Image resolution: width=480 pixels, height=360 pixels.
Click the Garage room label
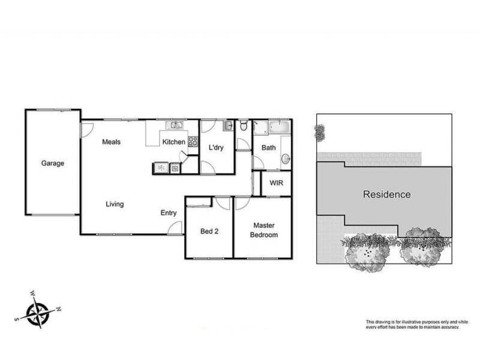53,163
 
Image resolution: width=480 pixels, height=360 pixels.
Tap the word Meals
111,142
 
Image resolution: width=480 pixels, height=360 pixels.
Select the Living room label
115,204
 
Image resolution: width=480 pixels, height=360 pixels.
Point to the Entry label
169,213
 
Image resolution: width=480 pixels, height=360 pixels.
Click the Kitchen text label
174,142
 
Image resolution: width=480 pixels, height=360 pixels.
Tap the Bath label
268,148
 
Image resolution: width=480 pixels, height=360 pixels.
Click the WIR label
276,183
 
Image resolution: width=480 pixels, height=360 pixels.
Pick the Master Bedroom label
265,230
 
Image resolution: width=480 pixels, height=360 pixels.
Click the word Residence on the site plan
386,194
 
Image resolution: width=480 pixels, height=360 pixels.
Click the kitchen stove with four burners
193,142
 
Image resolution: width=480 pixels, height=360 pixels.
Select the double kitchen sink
175,125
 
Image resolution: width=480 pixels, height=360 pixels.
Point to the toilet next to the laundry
243,126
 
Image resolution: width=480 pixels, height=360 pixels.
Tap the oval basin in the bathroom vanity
286,159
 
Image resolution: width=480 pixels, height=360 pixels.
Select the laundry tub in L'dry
228,126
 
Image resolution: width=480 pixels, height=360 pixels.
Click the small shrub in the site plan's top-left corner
320,131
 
